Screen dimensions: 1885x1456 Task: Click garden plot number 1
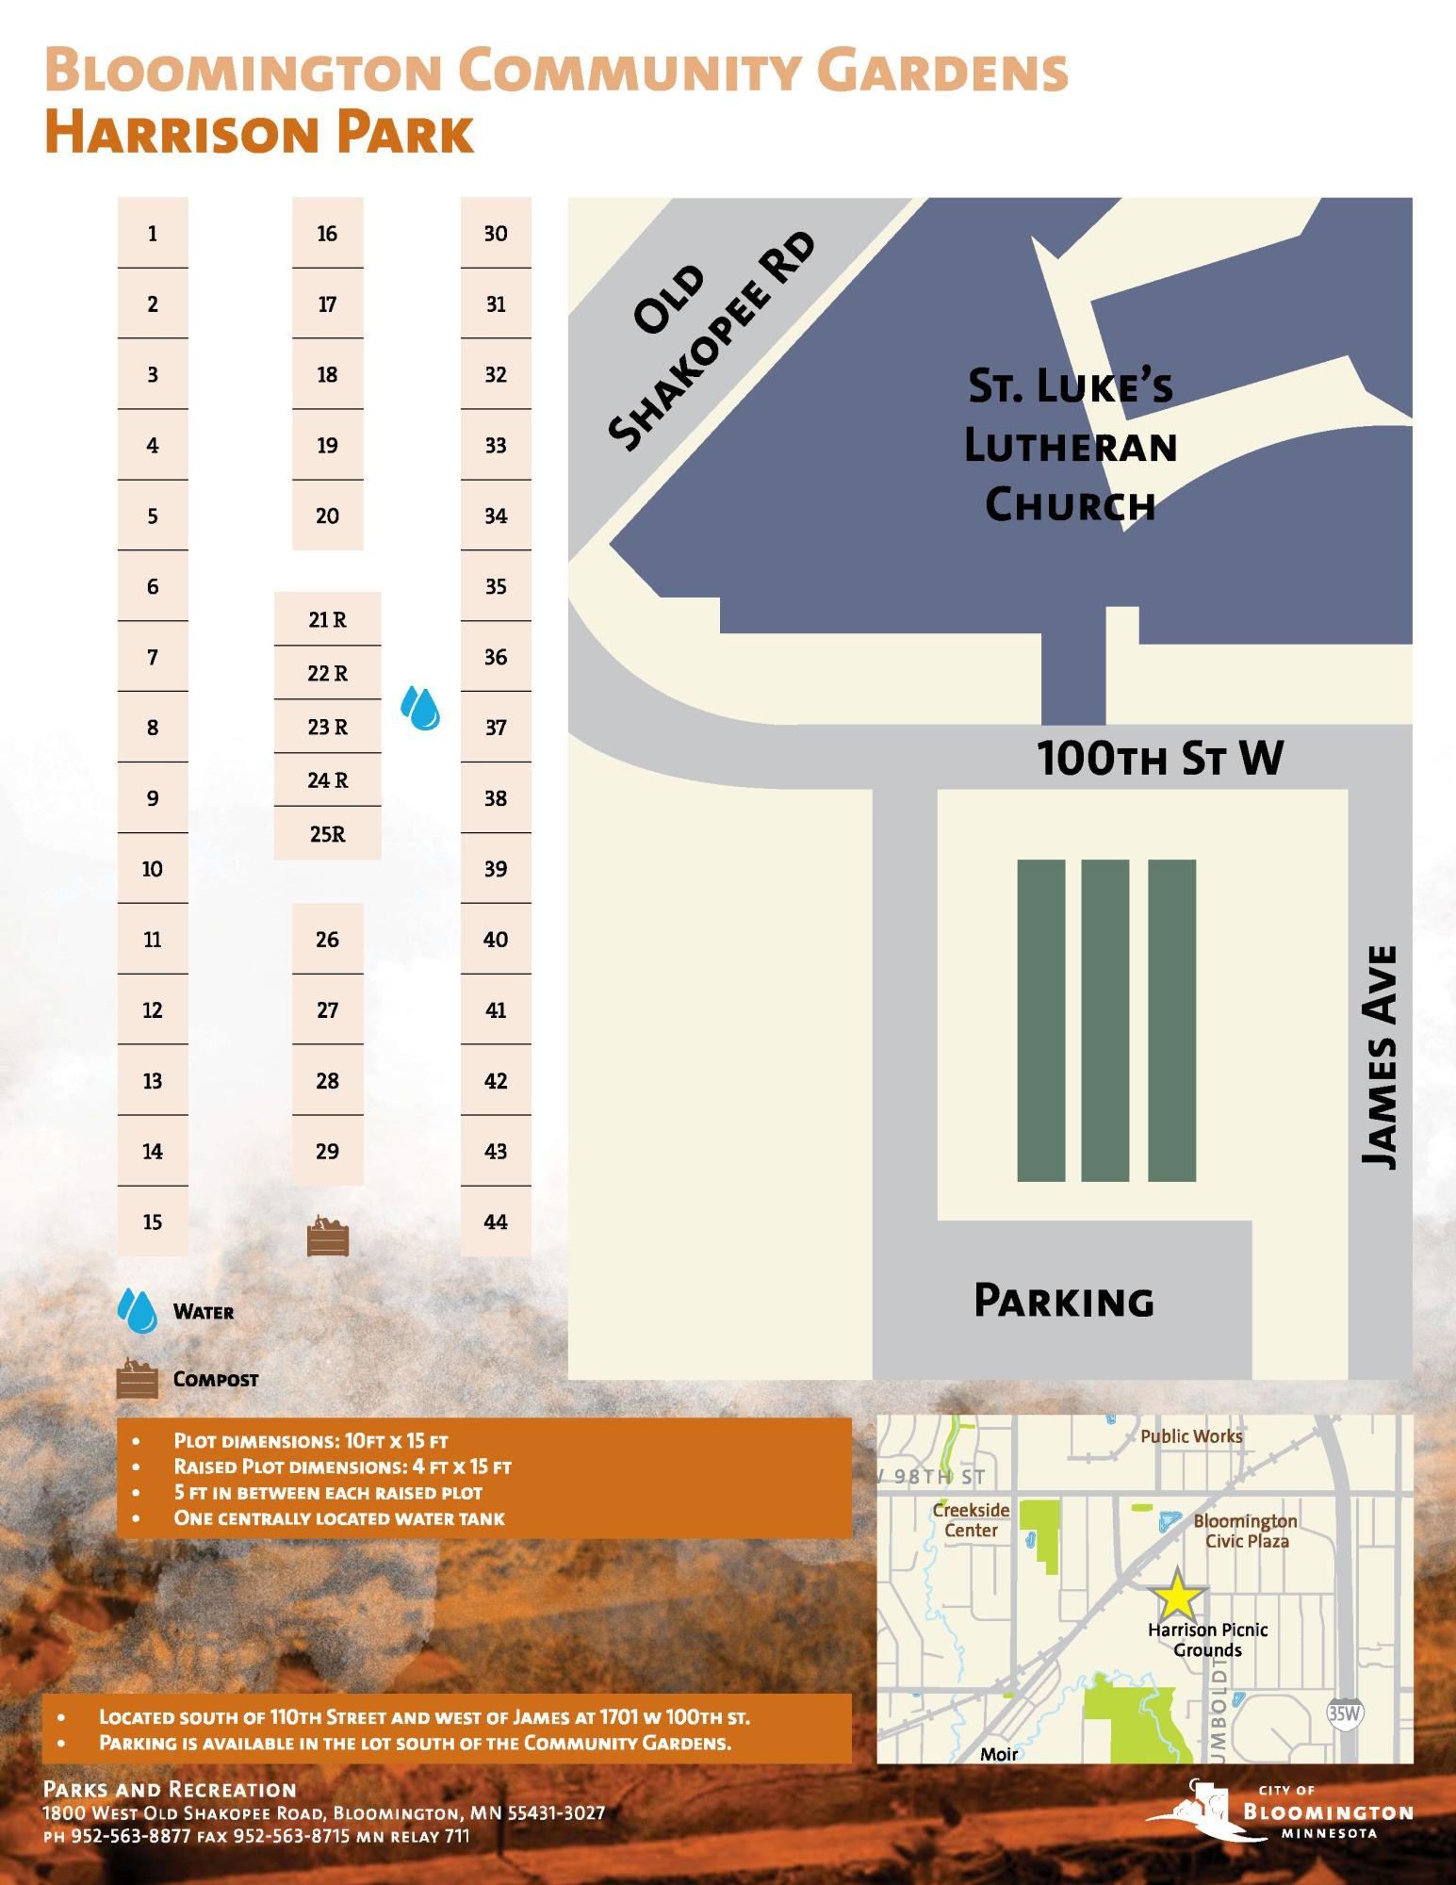(x=153, y=233)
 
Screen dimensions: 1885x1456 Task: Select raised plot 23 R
(x=327, y=727)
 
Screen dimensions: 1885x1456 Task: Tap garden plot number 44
(x=496, y=1221)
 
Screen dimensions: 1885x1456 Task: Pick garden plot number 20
(x=327, y=516)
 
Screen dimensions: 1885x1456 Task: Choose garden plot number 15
(x=153, y=1221)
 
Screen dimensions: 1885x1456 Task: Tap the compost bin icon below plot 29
(x=328, y=1237)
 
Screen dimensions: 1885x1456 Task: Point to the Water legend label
(x=204, y=1312)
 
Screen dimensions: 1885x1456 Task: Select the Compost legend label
(x=216, y=1379)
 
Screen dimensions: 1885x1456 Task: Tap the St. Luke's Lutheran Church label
(x=1072, y=446)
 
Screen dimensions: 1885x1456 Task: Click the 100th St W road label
(x=1160, y=758)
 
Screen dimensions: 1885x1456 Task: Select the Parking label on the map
(x=1064, y=1302)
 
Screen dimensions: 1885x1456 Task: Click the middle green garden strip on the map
(x=1105, y=1020)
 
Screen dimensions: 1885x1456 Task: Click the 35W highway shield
(x=1345, y=1713)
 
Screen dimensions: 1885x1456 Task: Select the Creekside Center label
(x=971, y=1520)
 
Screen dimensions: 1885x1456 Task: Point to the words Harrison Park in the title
(x=258, y=134)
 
